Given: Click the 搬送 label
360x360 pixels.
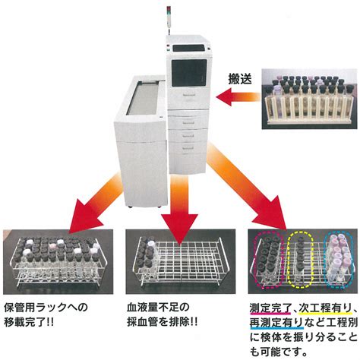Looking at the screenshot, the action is coord(240,79).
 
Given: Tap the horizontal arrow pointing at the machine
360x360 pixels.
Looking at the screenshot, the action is coord(238,96).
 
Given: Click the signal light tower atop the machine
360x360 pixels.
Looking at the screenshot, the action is coord(169,20).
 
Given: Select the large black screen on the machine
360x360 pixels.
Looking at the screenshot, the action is coord(189,73).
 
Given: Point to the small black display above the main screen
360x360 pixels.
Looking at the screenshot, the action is coord(188,48).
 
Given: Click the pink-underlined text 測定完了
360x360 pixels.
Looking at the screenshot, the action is coord(270,309).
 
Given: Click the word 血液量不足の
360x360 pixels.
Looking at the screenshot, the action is coord(158,308).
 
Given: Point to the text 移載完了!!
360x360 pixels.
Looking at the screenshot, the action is coord(29,322).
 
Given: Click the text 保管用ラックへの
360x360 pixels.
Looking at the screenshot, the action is coord(46,308).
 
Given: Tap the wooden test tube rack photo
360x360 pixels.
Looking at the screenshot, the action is coord(309,99).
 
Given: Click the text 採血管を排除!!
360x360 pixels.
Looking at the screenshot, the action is coord(162,322).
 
